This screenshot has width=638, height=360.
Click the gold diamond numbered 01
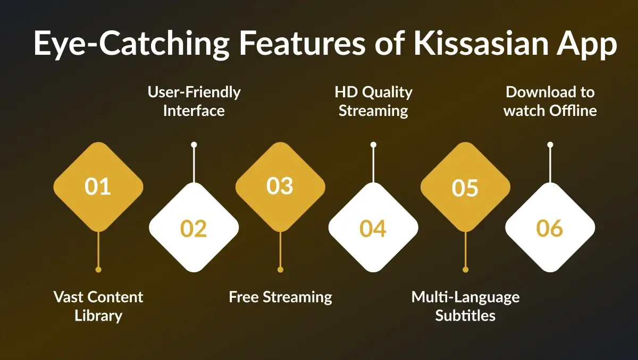click(98, 187)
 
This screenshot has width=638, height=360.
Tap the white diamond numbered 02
click(194, 228)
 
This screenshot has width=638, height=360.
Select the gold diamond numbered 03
click(280, 187)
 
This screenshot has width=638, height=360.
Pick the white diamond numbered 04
click(373, 228)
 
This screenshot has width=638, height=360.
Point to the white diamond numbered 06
click(550, 228)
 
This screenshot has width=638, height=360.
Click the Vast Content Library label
click(98, 306)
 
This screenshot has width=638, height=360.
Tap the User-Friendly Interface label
click(194, 101)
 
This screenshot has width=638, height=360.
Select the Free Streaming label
click(280, 297)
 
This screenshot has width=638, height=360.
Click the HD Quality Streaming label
click(373, 101)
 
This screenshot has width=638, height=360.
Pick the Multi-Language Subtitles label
click(465, 306)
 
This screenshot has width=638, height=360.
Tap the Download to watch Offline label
click(550, 101)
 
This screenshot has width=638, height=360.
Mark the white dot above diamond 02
click(194, 145)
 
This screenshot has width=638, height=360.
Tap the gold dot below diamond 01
click(98, 270)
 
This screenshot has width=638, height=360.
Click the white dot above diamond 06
click(550, 145)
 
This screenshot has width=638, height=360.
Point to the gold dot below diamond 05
click(465, 270)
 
